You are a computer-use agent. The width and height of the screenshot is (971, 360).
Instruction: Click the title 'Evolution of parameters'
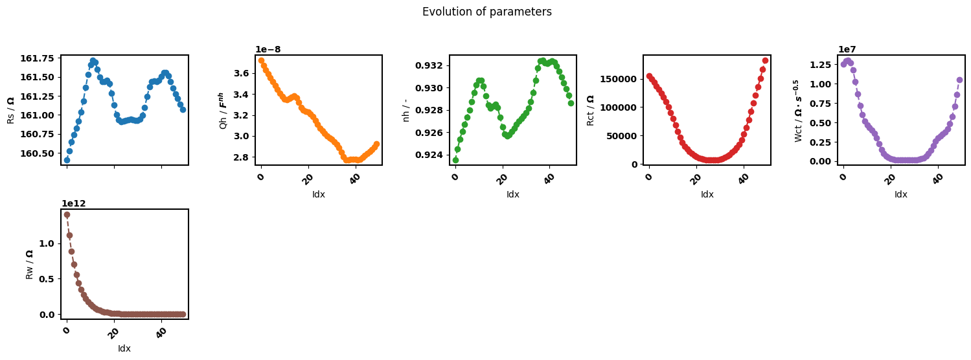pos(487,12)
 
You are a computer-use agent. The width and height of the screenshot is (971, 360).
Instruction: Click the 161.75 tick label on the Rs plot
pos(38,58)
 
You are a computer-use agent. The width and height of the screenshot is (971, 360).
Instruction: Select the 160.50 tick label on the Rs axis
pos(38,153)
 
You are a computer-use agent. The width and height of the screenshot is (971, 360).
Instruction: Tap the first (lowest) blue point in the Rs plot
pos(67,161)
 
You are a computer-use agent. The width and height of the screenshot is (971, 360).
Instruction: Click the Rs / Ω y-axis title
pos(11,110)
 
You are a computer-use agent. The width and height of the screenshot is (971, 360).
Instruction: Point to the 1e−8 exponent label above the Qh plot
pos(268,49)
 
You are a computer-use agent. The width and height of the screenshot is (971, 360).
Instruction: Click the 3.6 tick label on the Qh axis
pos(241,73)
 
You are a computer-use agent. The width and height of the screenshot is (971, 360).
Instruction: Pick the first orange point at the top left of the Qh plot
pos(261,60)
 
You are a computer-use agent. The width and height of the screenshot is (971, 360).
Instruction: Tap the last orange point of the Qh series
pos(376,144)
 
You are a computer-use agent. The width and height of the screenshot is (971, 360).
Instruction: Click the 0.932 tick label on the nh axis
pos(429,65)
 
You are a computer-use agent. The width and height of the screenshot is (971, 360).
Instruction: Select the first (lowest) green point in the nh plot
pos(455,161)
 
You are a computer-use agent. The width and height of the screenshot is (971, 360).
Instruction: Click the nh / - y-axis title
pos(406,110)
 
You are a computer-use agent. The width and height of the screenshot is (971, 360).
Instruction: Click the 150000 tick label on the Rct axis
pos(619,79)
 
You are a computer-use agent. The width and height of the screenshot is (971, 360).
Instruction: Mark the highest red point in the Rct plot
pos(765,61)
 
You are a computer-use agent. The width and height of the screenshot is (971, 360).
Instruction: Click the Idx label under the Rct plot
pos(707,194)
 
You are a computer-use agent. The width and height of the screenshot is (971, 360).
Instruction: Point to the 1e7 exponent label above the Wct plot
pos(847,49)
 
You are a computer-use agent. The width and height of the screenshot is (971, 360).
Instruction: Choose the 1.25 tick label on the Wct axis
pos(821,65)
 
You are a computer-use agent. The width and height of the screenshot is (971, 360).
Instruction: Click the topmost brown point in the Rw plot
pos(67,214)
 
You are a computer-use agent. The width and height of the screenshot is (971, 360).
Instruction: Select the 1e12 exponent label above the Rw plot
pos(73,203)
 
